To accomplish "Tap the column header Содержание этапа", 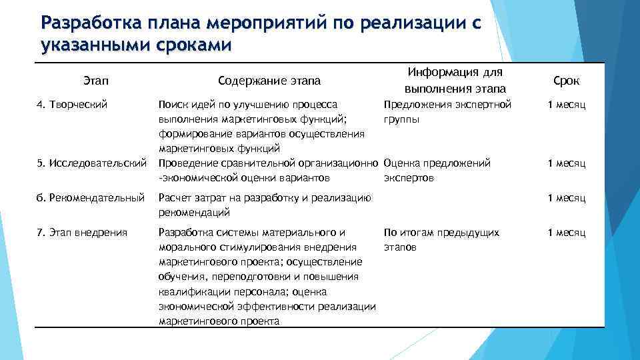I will [x=269, y=81].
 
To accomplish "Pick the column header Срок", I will [x=566, y=81].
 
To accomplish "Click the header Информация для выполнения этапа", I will [x=455, y=80].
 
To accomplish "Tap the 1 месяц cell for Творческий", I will [x=566, y=105].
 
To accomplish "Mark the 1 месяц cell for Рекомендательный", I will [x=566, y=198].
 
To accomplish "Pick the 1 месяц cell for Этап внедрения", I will [x=566, y=233].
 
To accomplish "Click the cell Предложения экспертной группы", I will [x=447, y=112].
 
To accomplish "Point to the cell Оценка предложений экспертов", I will [x=437, y=170].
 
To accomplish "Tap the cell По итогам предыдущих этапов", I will [x=441, y=239].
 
